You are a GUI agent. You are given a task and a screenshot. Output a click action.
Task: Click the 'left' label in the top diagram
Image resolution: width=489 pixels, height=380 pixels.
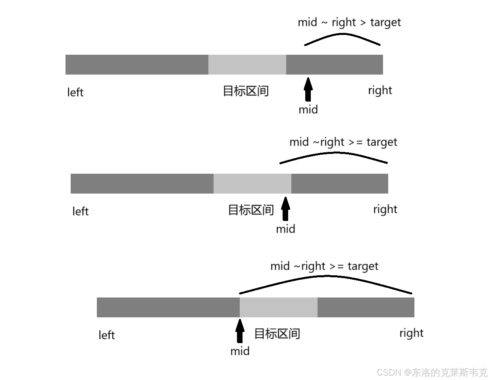click(x=75, y=92)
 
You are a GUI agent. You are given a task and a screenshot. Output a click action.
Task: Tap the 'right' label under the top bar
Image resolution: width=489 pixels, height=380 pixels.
click(x=380, y=90)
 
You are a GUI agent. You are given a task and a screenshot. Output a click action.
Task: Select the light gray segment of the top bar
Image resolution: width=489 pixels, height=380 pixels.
click(x=247, y=65)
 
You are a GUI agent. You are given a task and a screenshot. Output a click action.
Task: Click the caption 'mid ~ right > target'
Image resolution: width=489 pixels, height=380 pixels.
click(x=349, y=22)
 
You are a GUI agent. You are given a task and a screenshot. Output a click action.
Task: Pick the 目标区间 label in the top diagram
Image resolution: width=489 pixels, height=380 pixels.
click(x=246, y=91)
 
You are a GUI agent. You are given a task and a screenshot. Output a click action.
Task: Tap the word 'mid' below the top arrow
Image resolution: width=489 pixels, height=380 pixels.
click(x=308, y=109)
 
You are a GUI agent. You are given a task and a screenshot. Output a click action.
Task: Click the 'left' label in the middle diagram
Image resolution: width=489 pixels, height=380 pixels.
click(x=80, y=211)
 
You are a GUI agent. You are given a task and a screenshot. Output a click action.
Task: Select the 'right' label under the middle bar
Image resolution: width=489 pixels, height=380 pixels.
click(x=385, y=209)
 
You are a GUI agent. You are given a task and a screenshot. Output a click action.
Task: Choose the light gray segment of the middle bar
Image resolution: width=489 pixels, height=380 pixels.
click(x=252, y=184)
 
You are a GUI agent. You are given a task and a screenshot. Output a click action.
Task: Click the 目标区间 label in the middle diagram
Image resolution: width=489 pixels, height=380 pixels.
click(x=251, y=210)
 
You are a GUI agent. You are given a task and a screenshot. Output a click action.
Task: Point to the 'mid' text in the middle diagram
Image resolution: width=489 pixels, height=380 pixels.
click(x=285, y=229)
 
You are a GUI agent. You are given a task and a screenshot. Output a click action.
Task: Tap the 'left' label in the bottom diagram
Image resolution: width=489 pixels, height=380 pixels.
click(x=106, y=335)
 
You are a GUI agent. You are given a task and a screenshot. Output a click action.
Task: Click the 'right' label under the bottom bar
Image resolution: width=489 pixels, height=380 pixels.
click(x=411, y=333)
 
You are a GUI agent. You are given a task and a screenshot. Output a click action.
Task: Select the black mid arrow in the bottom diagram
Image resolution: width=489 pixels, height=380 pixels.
click(x=240, y=330)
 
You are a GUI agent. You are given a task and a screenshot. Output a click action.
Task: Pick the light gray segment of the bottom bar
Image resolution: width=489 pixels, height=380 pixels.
click(x=278, y=307)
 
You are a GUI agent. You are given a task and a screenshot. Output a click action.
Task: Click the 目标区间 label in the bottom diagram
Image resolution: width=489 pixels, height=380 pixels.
click(x=277, y=334)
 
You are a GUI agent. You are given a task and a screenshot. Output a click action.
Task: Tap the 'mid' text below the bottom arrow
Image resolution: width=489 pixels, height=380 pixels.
click(x=240, y=351)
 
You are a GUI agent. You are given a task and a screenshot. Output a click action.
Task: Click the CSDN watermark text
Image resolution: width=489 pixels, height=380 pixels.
click(x=431, y=372)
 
